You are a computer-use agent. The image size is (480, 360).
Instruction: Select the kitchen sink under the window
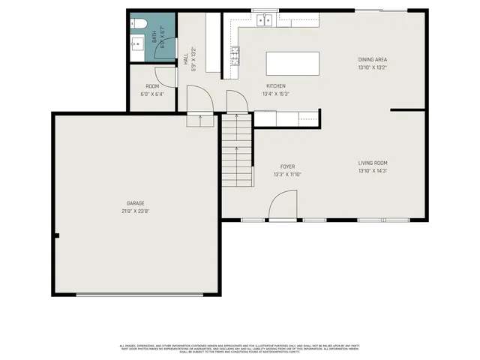point(265,20)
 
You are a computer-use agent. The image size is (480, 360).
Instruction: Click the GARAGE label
point(135,202)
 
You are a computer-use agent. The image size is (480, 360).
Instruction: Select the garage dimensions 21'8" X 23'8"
point(135,211)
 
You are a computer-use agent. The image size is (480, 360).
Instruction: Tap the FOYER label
point(287,166)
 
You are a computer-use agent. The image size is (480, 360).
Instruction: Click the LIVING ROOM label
point(373,163)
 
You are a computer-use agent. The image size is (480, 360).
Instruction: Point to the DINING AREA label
point(372,59)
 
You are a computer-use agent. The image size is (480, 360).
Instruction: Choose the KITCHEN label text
point(275,86)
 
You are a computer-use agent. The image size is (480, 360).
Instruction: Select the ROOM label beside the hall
point(152,86)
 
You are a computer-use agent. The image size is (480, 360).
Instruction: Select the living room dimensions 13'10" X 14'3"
point(373,171)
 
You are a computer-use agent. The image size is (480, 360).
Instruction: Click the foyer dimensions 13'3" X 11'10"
point(287,174)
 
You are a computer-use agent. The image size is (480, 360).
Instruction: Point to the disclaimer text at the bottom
point(240,348)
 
